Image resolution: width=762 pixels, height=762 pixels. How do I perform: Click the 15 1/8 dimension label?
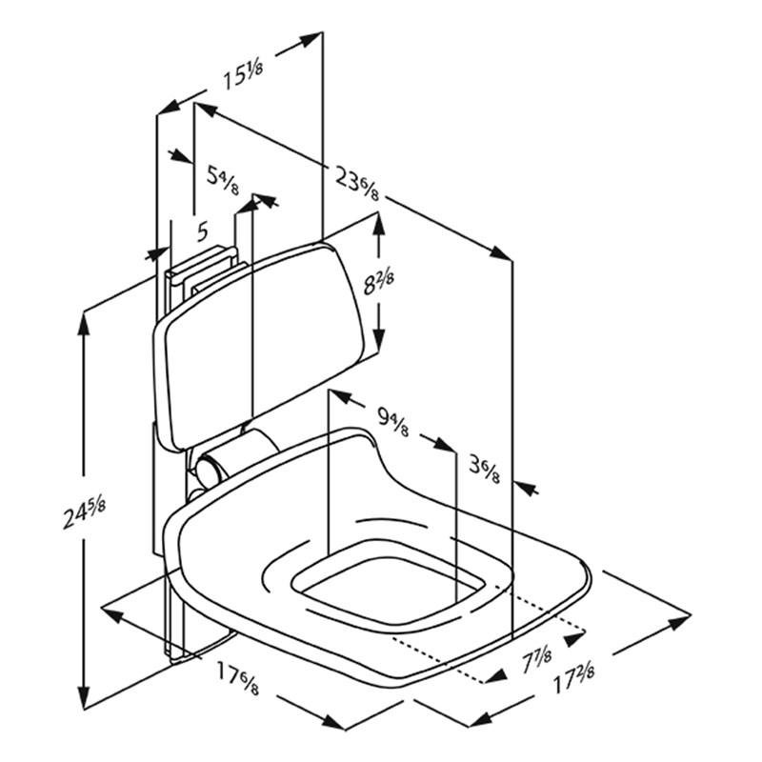point(243,76)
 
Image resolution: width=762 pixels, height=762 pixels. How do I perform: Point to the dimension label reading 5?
point(203,231)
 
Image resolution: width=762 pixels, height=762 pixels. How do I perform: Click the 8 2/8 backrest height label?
point(378,282)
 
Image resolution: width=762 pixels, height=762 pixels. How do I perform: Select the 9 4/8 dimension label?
point(392,419)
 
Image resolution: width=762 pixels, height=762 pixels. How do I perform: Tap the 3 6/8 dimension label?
point(484,468)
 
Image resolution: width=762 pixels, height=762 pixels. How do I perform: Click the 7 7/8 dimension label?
point(536,658)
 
